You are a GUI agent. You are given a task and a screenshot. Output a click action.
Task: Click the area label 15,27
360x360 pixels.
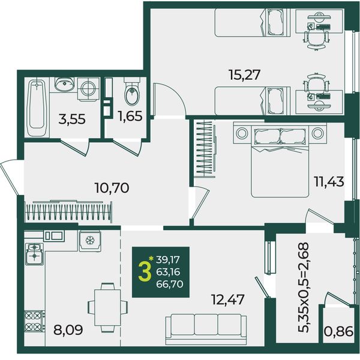[245, 75]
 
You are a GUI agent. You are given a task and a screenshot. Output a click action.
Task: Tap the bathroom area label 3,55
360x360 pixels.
[72, 119]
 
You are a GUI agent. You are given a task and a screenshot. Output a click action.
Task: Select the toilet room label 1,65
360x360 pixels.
[130, 116]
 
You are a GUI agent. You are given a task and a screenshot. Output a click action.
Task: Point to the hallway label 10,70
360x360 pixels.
[112, 188]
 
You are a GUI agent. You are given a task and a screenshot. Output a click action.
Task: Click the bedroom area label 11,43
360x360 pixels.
[329, 182]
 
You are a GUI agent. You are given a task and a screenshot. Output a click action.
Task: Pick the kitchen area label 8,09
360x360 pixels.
[68, 330]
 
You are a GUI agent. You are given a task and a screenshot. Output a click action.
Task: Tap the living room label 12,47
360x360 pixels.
[228, 300]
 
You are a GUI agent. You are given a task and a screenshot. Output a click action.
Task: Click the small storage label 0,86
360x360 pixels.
[338, 332]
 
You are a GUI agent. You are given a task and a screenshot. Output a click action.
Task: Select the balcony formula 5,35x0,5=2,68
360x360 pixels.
[303, 287]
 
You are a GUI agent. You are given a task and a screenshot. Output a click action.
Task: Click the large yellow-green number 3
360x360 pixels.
[145, 272]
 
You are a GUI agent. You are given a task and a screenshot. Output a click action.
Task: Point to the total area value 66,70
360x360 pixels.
[169, 284]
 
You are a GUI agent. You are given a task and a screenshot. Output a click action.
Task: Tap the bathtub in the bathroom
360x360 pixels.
[37, 108]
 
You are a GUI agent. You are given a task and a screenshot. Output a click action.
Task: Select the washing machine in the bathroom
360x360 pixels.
[88, 89]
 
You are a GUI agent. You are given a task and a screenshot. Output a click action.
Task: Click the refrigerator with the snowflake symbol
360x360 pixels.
[90, 241]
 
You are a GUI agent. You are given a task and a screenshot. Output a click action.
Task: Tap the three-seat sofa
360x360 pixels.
[206, 329]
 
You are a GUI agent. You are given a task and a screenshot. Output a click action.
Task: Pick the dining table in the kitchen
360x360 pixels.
[107, 308]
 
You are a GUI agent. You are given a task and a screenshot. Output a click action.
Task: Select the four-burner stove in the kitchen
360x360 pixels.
[34, 321]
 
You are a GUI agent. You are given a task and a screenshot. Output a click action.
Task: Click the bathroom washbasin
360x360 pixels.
[65, 84]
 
